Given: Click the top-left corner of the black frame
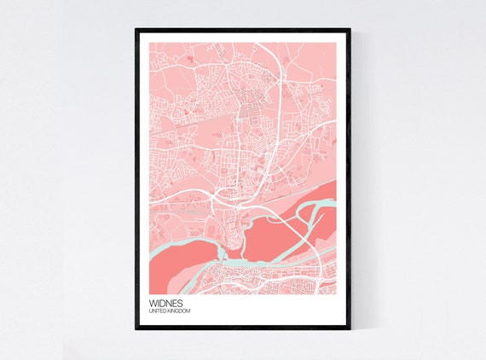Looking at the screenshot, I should [136, 29].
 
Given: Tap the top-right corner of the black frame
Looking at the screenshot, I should [350, 29].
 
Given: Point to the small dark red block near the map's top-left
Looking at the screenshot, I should [188, 58].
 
